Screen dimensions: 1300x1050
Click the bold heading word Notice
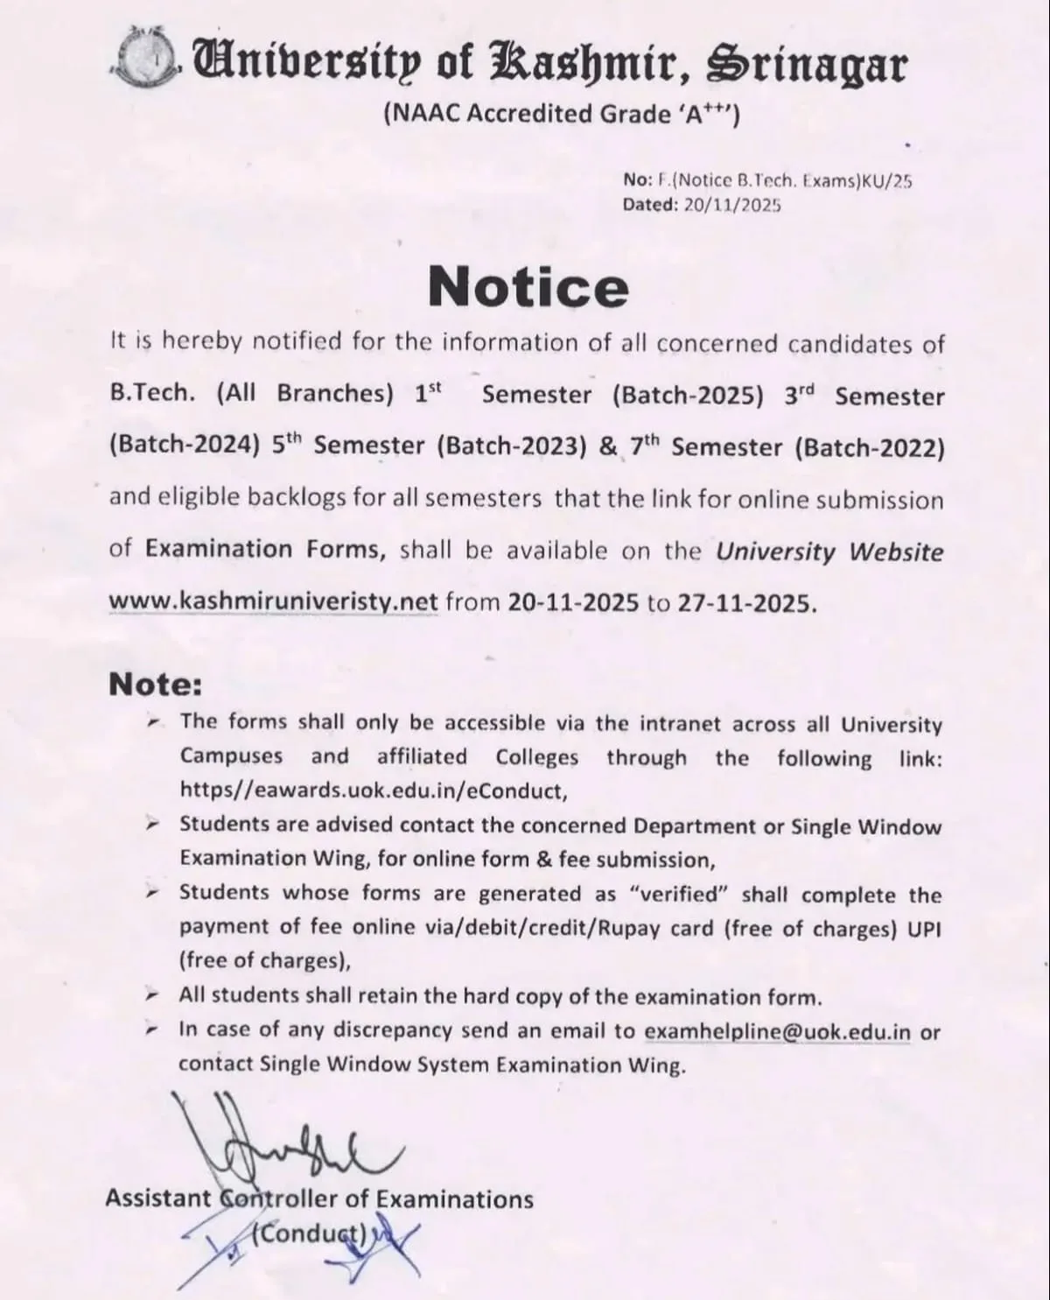click(x=528, y=286)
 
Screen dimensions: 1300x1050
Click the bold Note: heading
click(x=156, y=685)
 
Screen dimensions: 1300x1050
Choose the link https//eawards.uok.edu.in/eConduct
click(x=373, y=791)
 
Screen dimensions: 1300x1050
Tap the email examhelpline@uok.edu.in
click(x=777, y=1031)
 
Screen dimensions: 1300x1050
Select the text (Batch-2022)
click(x=870, y=447)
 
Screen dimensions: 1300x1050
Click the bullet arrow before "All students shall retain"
click(x=152, y=995)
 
